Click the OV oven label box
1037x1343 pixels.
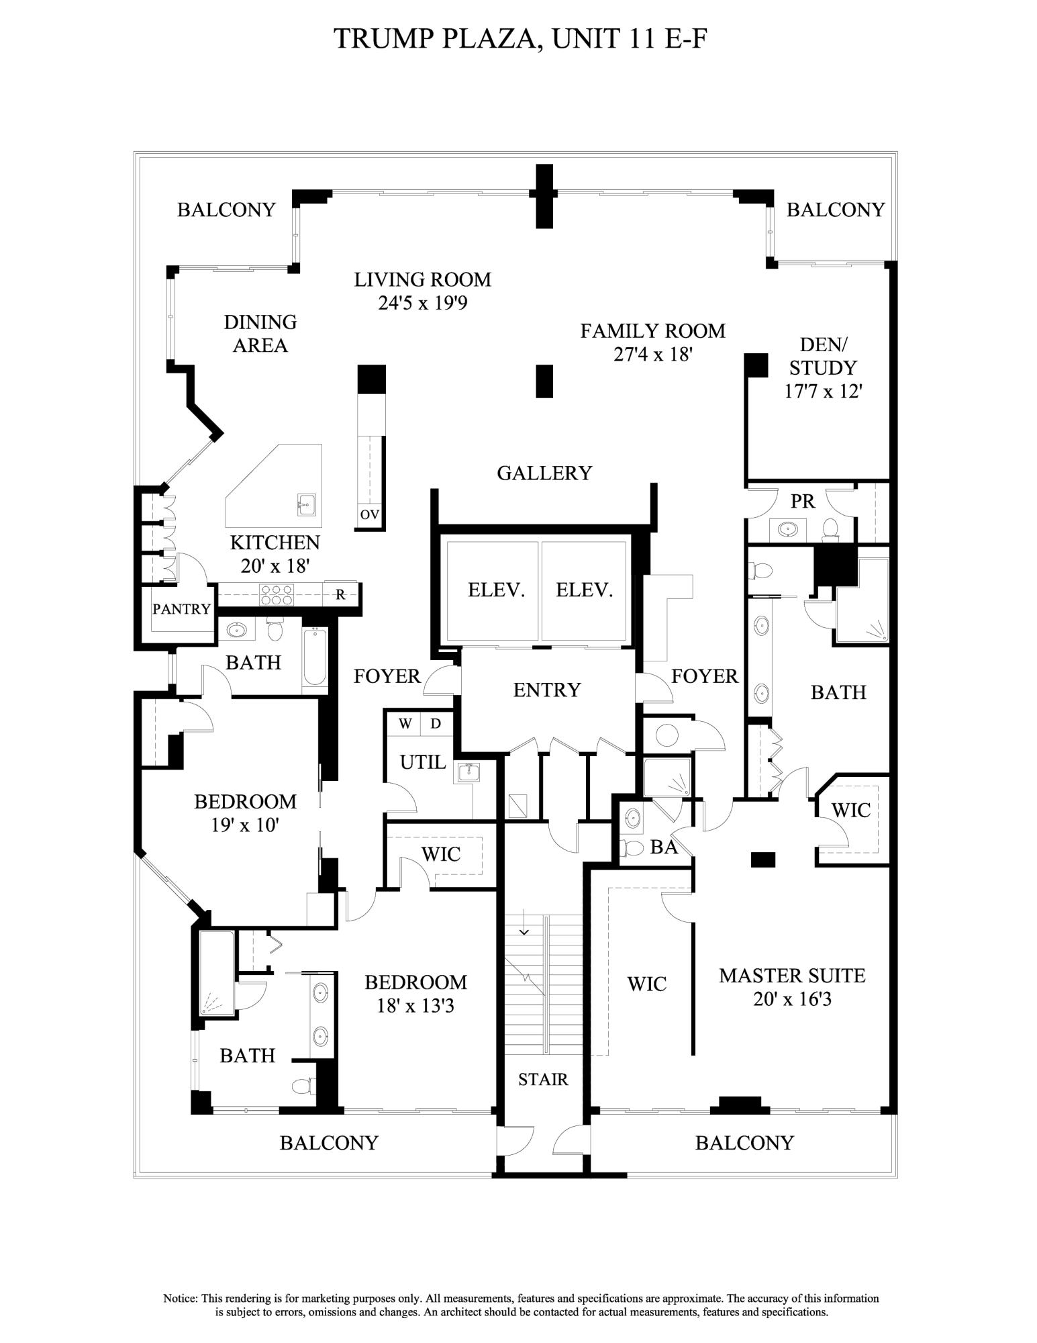tap(369, 515)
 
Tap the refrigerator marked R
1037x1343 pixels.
tap(340, 594)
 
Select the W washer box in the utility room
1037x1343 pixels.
tap(405, 724)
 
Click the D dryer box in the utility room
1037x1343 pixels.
tap(436, 724)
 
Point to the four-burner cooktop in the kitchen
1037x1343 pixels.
tap(277, 594)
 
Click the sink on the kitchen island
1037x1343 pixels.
tap(307, 503)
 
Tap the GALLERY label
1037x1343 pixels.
tap(544, 473)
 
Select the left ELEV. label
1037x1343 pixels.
tap(495, 590)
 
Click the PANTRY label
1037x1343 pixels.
tap(181, 609)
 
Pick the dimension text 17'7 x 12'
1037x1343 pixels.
tap(823, 391)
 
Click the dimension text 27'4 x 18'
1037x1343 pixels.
tap(652, 355)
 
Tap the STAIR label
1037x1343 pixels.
tap(543, 1079)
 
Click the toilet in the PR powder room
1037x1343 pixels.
tap(830, 528)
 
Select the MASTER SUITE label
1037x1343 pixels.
tap(792, 976)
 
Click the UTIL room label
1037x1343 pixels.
tap(423, 762)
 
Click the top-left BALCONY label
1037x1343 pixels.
tap(226, 210)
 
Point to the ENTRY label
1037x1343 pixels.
tap(546, 690)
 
